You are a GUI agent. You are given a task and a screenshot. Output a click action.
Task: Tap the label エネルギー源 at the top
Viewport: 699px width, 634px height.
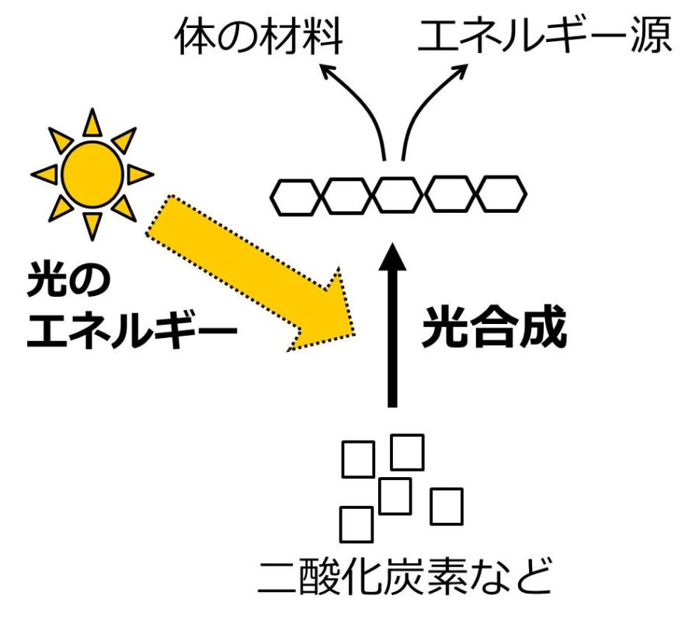[543, 37]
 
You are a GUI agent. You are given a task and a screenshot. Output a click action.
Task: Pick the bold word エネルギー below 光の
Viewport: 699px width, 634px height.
[130, 333]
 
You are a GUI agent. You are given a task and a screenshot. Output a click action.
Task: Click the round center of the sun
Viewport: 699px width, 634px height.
[92, 173]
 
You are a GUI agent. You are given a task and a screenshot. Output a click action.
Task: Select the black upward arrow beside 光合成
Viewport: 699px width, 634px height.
[393, 326]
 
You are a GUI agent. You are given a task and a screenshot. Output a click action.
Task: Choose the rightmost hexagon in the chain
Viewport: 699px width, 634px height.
[501, 195]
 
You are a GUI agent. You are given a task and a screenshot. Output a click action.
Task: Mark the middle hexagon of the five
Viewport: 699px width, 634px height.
[398, 195]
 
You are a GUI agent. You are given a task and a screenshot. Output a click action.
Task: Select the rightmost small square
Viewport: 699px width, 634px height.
[447, 506]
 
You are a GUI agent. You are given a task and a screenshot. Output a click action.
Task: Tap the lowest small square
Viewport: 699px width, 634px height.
[356, 524]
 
